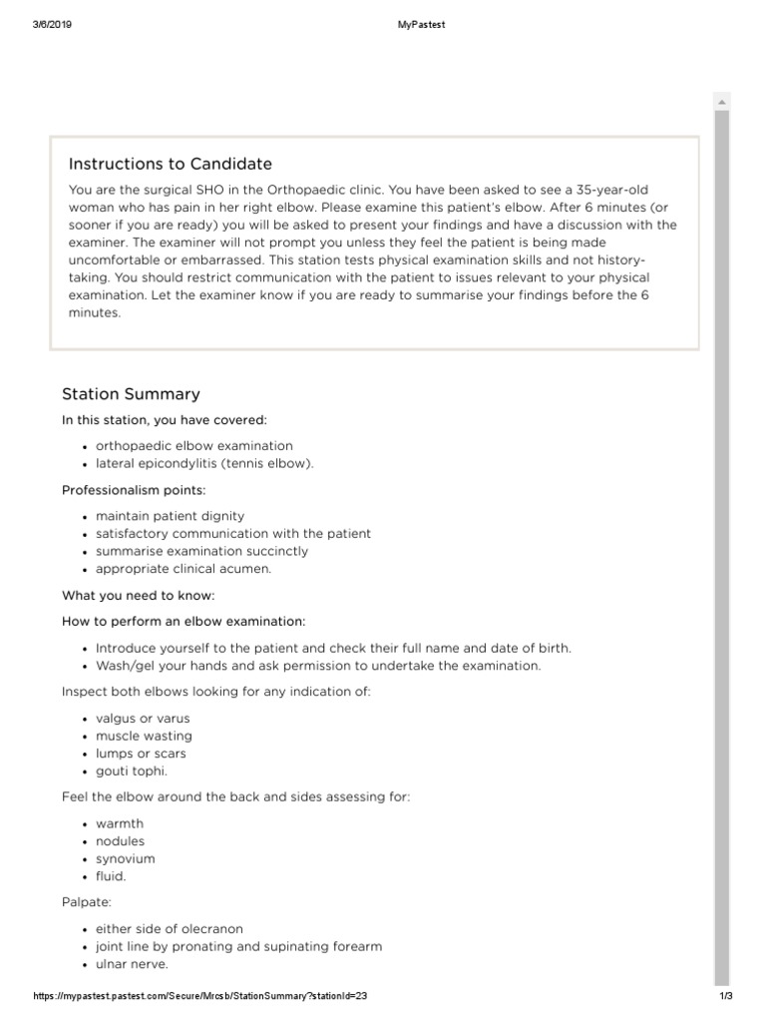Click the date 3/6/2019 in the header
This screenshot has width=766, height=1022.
point(50,25)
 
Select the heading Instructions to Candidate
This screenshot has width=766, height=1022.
point(170,164)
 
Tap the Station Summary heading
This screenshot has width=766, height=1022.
point(131,394)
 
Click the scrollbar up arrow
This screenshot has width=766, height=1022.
point(721,102)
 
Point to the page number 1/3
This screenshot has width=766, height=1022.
point(725,997)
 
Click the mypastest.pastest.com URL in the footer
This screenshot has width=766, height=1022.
point(205,997)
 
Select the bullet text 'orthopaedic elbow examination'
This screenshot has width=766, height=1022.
point(194,446)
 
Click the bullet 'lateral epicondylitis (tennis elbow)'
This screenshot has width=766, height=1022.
point(204,463)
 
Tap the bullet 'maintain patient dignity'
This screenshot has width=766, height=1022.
point(170,516)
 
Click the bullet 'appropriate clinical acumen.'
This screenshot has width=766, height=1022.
point(184,569)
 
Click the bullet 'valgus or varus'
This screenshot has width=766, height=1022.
point(143,719)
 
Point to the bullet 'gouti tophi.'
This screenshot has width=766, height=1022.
point(132,771)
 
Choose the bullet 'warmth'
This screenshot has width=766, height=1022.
point(120,823)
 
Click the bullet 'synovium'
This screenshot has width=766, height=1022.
point(126,858)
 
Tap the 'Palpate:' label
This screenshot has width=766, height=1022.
point(86,902)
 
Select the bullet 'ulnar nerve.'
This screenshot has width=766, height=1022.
point(132,964)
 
